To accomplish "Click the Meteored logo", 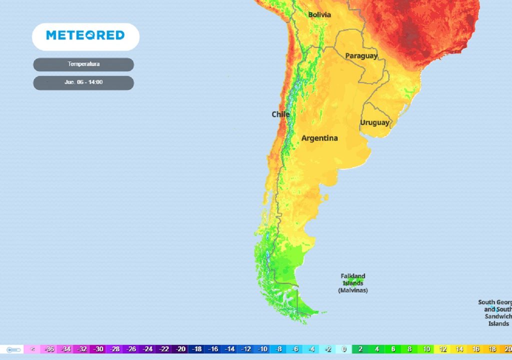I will pyautogui.click(x=85, y=35).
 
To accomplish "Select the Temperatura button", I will pyautogui.click(x=83, y=64).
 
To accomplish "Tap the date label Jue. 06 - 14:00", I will pyautogui.click(x=83, y=82).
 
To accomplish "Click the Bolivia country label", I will pyautogui.click(x=319, y=14).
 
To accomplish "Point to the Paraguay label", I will pyautogui.click(x=361, y=55).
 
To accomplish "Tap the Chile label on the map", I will pyautogui.click(x=280, y=114).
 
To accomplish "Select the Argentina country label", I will pyautogui.click(x=319, y=138).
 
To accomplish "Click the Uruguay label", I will pyautogui.click(x=374, y=122).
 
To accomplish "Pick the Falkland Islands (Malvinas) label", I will pyautogui.click(x=353, y=283).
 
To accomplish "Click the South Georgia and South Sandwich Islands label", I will pyautogui.click(x=495, y=313).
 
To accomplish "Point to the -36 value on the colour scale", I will pyautogui.click(x=49, y=349).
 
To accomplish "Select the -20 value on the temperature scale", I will pyautogui.click(x=180, y=349).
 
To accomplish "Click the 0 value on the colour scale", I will pyautogui.click(x=344, y=349).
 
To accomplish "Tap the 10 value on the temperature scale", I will pyautogui.click(x=426, y=349).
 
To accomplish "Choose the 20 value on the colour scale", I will pyautogui.click(x=507, y=349).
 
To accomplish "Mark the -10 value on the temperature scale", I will pyautogui.click(x=262, y=349).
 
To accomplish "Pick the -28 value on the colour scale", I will pyautogui.click(x=115, y=349).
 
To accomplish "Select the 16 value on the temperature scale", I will pyautogui.click(x=475, y=349).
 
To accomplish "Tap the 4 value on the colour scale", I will pyautogui.click(x=377, y=349).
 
